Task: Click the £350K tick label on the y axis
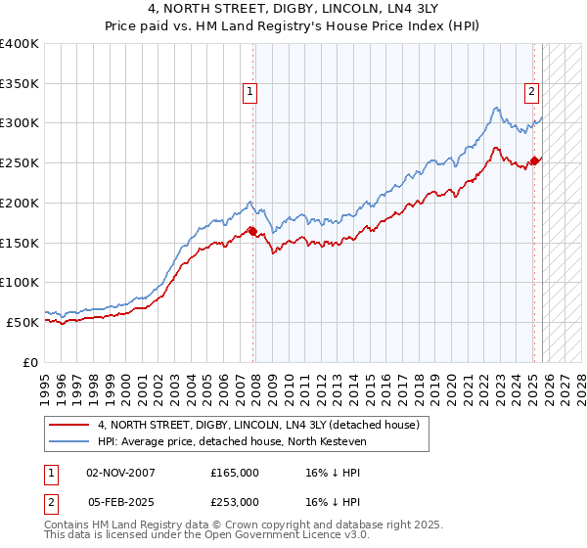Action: click(x=20, y=83)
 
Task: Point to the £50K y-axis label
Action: click(x=23, y=322)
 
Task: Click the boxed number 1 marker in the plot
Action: click(x=250, y=93)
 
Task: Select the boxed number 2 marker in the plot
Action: click(x=531, y=93)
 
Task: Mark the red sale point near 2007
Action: click(x=253, y=231)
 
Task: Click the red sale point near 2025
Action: click(x=535, y=160)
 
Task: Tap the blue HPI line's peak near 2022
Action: click(x=497, y=108)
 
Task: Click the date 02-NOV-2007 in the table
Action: click(x=120, y=472)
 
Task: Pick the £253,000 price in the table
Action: click(x=234, y=501)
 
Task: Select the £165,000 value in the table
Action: click(x=234, y=472)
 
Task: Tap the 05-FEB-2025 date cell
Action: click(x=120, y=501)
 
